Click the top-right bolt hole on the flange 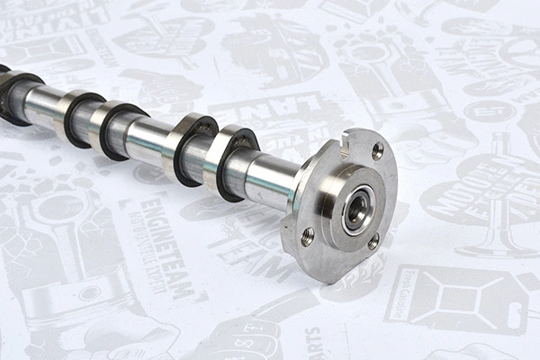click(377, 150)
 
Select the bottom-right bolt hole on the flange click(373, 241)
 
